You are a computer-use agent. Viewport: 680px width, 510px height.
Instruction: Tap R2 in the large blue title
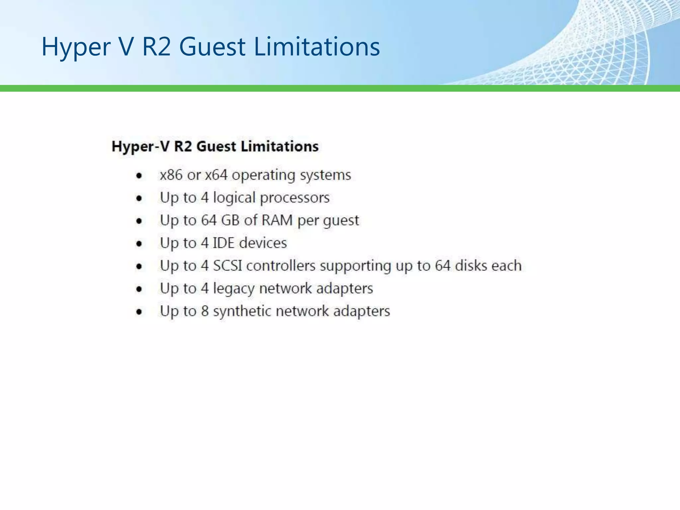(x=156, y=46)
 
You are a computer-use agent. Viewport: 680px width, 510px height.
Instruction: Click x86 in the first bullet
(x=171, y=175)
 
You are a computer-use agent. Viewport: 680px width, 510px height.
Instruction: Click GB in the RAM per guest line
(x=230, y=220)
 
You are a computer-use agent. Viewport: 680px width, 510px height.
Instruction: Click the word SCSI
(x=227, y=266)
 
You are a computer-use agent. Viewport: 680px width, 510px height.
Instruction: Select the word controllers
(x=281, y=266)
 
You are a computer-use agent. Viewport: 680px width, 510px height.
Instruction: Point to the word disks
(x=471, y=266)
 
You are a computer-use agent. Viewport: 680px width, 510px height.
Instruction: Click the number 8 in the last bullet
(x=205, y=311)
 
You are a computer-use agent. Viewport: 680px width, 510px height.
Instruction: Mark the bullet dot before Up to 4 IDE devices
(x=139, y=244)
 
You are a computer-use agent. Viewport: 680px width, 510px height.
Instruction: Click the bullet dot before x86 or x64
(x=139, y=176)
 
